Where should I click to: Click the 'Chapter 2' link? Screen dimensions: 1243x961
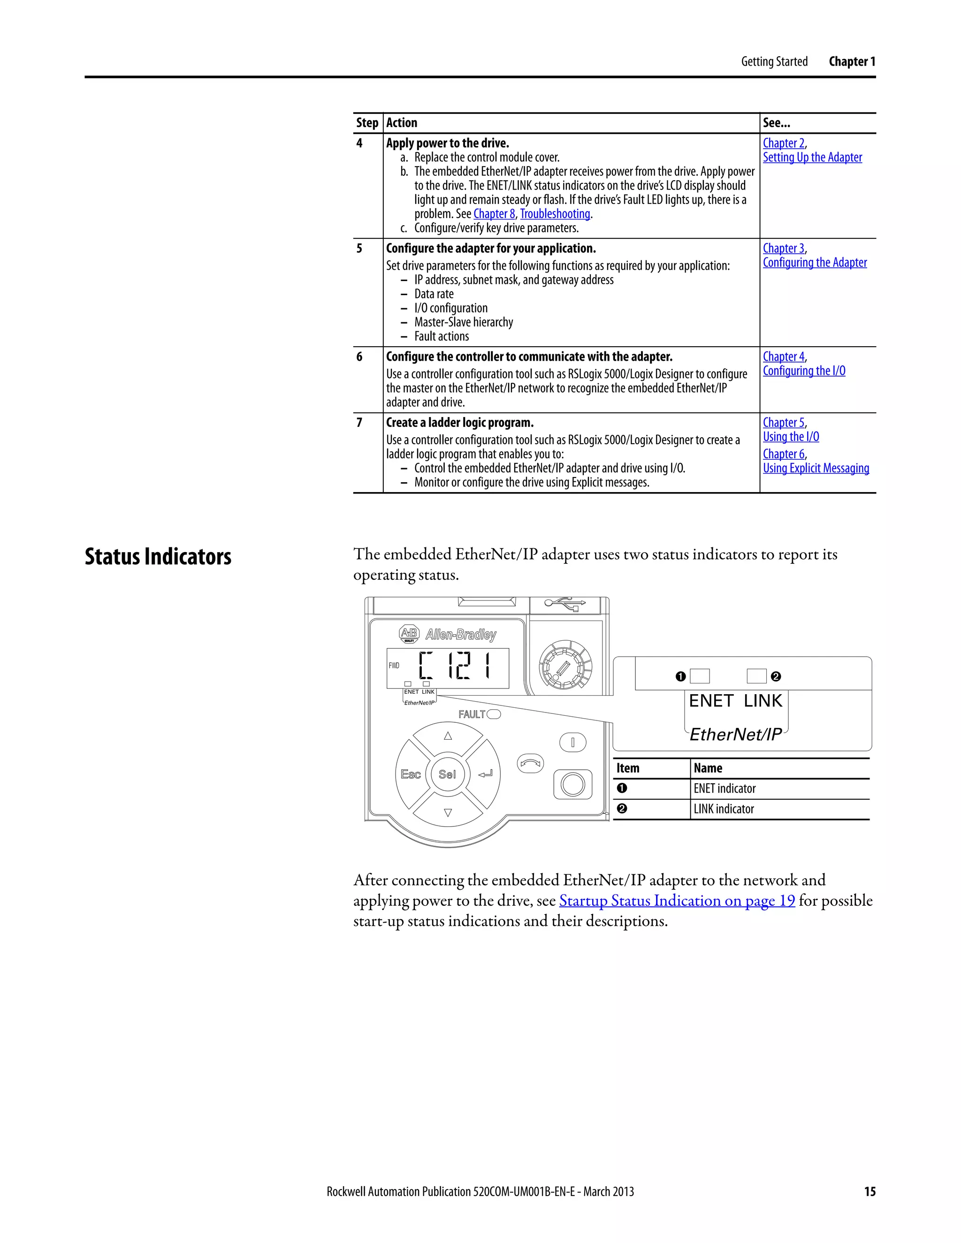783,144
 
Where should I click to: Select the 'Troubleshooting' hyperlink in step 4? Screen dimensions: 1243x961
555,214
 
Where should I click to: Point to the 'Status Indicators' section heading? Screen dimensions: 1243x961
158,557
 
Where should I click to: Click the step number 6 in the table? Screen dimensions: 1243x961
359,357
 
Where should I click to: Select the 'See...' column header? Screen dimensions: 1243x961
776,123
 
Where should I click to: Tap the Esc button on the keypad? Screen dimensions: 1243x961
411,774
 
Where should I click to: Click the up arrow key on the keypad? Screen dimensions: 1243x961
448,736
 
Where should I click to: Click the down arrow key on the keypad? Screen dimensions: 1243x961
448,813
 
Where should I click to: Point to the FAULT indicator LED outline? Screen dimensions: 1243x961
494,714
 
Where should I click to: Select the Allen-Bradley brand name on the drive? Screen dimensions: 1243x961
461,634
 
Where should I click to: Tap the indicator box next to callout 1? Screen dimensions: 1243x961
700,676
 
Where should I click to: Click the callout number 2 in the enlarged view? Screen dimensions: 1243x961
775,677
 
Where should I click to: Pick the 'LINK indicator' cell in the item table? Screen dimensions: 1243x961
724,809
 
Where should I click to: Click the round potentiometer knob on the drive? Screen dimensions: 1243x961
565,666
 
